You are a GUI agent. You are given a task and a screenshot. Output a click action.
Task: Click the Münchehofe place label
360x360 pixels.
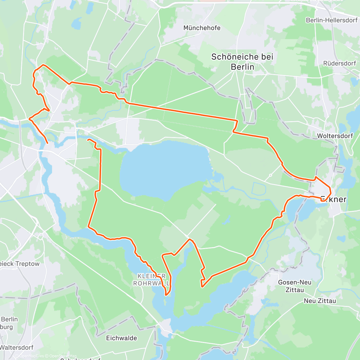[x=202, y=28]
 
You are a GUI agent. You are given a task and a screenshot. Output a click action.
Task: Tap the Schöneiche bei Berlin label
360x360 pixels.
[x=242, y=61]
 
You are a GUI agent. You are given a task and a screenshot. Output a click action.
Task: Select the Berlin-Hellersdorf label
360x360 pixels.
[x=332, y=20]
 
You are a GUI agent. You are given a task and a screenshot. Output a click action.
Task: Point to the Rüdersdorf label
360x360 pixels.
[x=340, y=63]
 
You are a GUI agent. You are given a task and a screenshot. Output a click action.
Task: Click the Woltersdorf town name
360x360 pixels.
[x=335, y=136]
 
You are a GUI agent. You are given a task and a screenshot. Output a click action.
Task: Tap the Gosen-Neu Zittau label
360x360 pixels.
[x=295, y=286]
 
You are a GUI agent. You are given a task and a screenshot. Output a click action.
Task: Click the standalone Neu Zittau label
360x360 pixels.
[x=320, y=301]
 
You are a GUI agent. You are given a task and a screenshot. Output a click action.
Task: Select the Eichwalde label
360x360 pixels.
[x=121, y=338]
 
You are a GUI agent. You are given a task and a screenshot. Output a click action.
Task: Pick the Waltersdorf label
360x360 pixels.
[x=17, y=347]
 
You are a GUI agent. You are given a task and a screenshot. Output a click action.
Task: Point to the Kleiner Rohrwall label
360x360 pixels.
[x=151, y=280]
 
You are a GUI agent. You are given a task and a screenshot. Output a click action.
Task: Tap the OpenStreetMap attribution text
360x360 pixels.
[x=63, y=356]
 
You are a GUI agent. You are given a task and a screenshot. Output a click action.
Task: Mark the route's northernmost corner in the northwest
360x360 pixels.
[x=43, y=65]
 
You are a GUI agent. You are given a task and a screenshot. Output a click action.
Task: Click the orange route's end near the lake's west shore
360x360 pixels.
[x=88, y=140]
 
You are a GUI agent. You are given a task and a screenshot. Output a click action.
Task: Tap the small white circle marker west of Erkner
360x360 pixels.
[x=270, y=175]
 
